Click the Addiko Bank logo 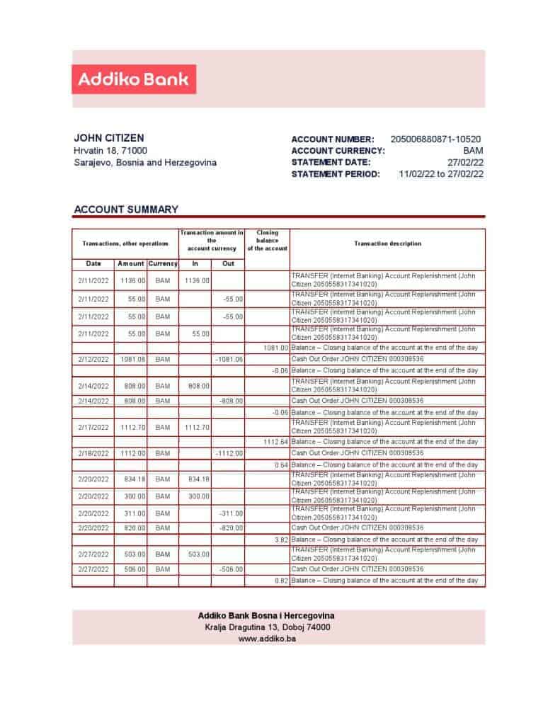(133, 79)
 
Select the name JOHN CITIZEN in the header (108, 138)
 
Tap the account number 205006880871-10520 (435, 139)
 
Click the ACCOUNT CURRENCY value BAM (473, 151)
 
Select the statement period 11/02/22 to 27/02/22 (441, 174)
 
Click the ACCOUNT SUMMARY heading (126, 210)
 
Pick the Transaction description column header (387, 244)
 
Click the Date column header (93, 263)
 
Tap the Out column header (228, 263)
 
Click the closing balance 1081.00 (275, 348)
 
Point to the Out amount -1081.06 (229, 359)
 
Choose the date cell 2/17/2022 (93, 428)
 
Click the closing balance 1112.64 (275, 441)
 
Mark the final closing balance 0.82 (280, 581)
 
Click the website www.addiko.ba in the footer (267, 639)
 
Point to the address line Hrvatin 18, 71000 (110, 151)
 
